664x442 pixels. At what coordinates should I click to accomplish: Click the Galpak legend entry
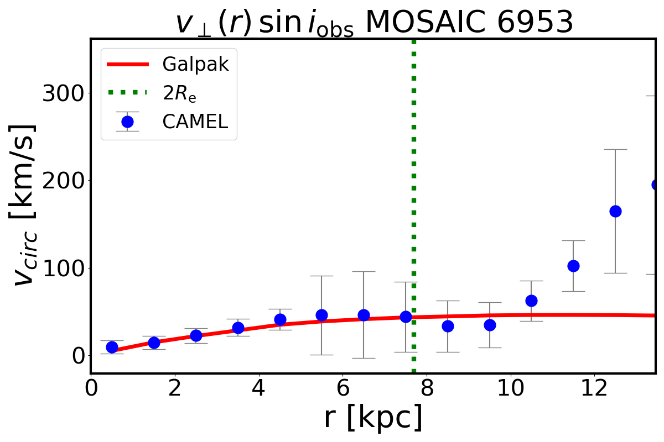click(x=195, y=65)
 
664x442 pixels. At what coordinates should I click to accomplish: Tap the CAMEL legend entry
click(x=195, y=122)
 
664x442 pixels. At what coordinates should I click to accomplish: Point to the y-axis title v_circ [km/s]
click(x=25, y=204)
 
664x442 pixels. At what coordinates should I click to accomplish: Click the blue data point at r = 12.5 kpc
click(x=615, y=211)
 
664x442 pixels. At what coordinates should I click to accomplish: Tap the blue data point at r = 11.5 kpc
click(x=573, y=266)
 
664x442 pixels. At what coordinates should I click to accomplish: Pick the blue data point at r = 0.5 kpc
click(x=112, y=347)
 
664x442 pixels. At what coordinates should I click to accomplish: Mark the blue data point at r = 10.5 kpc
click(x=531, y=301)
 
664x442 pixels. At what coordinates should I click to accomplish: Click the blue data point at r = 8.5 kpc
click(x=448, y=326)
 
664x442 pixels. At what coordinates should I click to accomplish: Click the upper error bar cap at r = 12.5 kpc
click(x=615, y=149)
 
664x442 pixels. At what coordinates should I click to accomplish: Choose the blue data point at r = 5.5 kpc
click(x=321, y=315)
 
